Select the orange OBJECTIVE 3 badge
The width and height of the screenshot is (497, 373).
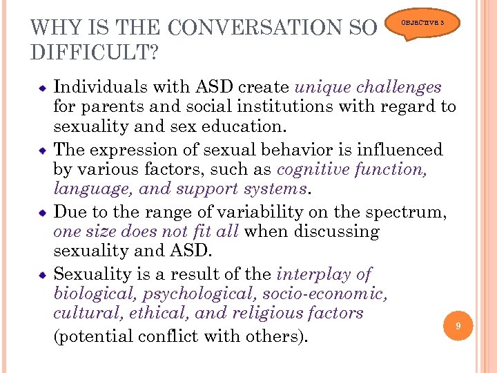click(x=428, y=23)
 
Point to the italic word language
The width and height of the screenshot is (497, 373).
click(x=86, y=189)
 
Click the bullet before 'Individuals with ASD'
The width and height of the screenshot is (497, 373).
click(x=42, y=88)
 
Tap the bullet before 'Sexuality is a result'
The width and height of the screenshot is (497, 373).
click(x=42, y=274)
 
